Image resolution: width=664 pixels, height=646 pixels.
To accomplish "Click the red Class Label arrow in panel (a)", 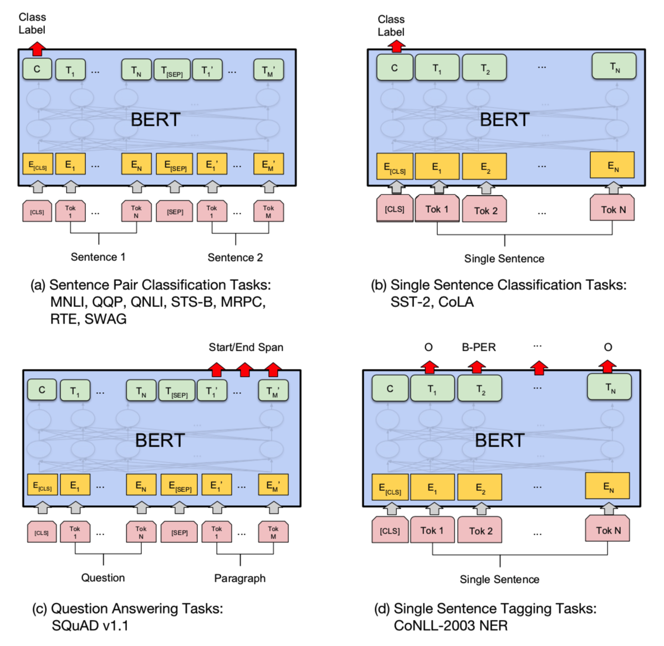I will (37, 49).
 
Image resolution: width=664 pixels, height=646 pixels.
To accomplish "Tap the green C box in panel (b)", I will (394, 68).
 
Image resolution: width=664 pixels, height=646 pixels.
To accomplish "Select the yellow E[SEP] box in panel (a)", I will (175, 165).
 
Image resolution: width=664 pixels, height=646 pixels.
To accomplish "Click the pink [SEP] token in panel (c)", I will (179, 532).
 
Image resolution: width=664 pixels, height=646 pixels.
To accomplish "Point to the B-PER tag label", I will (479, 347).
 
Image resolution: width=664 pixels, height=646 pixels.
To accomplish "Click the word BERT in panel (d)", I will (499, 440).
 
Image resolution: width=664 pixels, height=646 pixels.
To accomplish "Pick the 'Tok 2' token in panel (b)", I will (486, 211).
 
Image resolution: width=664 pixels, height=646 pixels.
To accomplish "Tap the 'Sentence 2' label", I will (235, 258).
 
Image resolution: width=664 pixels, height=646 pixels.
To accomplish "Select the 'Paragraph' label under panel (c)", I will (239, 578).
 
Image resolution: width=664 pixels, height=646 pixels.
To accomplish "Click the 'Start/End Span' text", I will (246, 347).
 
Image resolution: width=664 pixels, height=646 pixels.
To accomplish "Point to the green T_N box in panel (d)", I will (610, 388).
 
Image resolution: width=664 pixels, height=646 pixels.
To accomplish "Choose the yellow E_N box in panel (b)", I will (612, 166).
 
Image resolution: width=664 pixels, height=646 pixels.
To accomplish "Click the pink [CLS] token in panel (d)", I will (390, 531).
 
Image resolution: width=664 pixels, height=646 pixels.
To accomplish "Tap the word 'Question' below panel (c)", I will (103, 578).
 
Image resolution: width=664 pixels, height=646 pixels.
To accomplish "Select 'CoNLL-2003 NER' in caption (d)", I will (451, 626).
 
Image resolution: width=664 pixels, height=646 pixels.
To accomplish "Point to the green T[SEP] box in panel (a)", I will (172, 70).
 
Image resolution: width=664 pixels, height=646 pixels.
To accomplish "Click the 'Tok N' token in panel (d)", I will (608, 530).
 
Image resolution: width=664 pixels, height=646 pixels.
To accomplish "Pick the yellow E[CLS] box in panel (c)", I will (42, 486).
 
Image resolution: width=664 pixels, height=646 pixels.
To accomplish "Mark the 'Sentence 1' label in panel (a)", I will (98, 257).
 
